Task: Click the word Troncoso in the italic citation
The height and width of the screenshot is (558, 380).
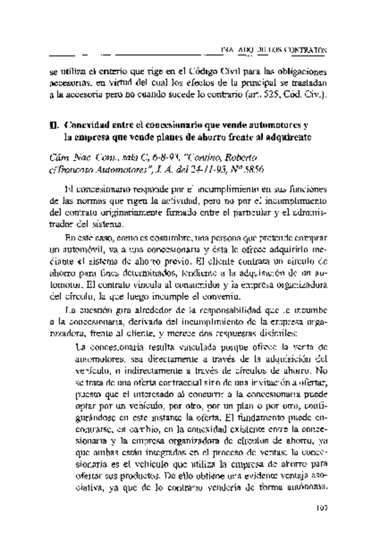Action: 89,172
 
